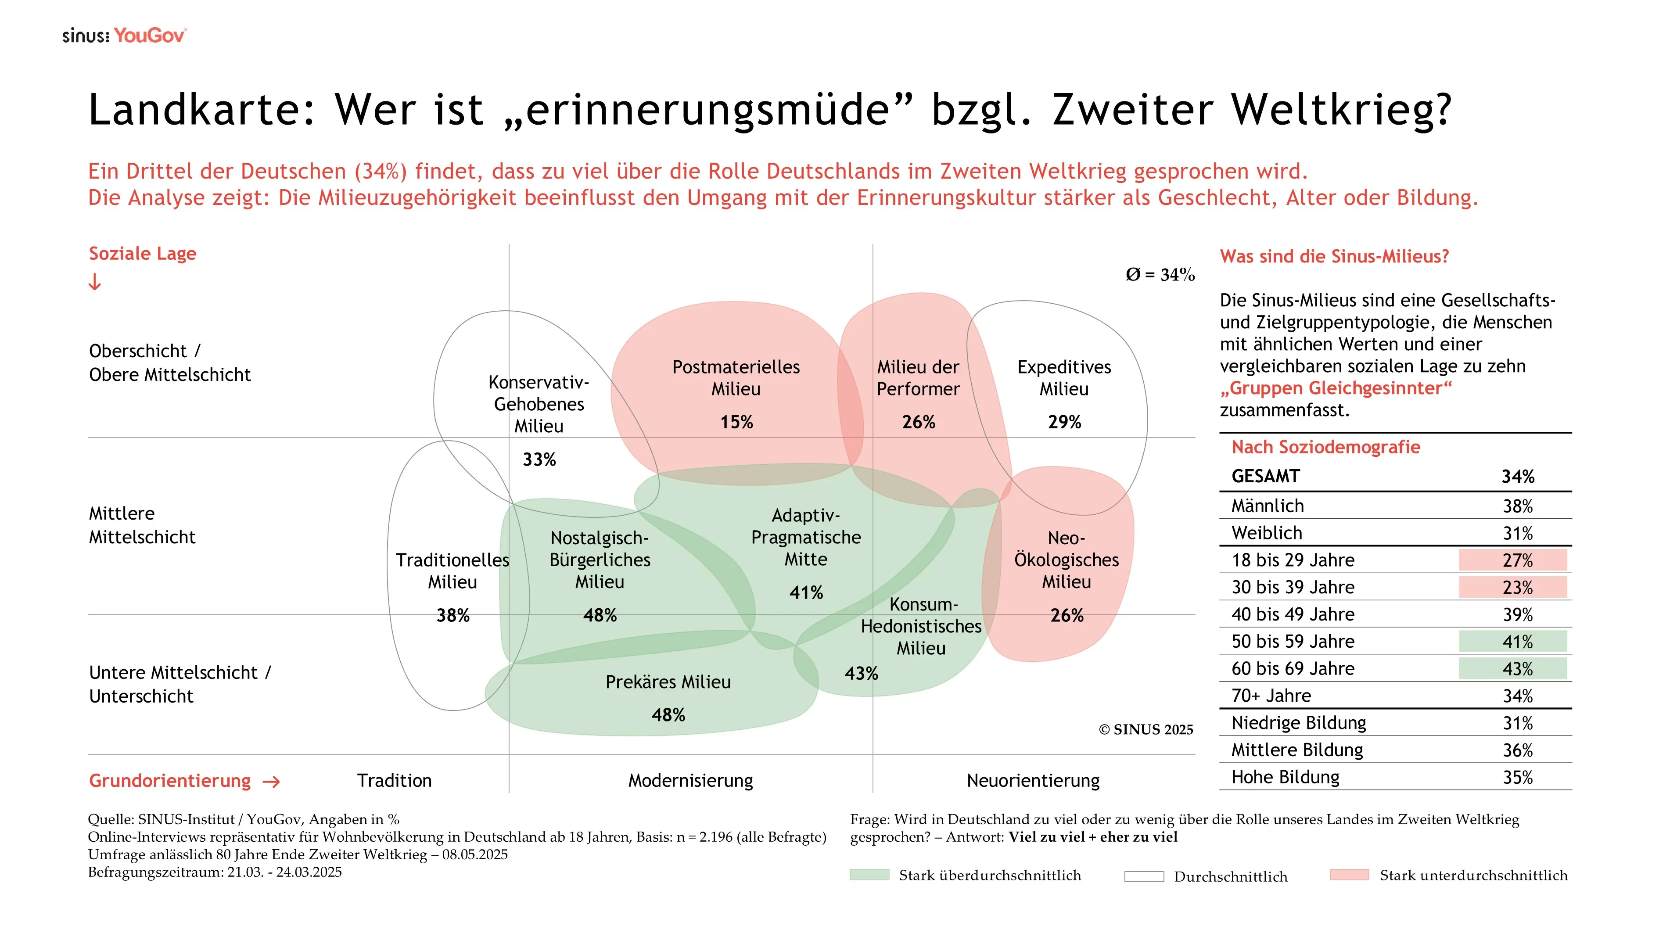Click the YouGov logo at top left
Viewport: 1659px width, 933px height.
pos(149,36)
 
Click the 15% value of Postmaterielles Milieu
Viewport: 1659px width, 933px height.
pos(736,422)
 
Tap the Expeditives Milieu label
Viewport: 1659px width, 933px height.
pos(1064,377)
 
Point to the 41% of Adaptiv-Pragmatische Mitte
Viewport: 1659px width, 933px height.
pos(806,592)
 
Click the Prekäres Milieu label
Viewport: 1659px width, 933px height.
pos(668,682)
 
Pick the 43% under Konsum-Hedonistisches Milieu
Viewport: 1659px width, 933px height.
pos(861,674)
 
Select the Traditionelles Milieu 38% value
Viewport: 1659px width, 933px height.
pos(453,616)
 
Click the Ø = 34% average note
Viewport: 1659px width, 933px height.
pos(1159,275)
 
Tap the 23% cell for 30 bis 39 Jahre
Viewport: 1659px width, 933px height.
pos(1517,587)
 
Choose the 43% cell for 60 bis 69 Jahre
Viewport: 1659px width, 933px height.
pos(1517,669)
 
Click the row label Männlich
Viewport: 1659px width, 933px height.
pos(1268,506)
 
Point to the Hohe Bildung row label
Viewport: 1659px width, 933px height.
pos(1285,777)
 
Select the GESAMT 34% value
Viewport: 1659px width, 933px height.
pos(1517,477)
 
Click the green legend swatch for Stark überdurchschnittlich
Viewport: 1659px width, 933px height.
pos(869,875)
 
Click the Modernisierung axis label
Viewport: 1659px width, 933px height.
pos(690,780)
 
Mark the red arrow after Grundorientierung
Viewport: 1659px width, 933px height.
pos(272,782)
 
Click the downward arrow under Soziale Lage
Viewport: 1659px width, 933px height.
pos(95,282)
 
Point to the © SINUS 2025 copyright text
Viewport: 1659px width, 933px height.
pos(1145,729)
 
